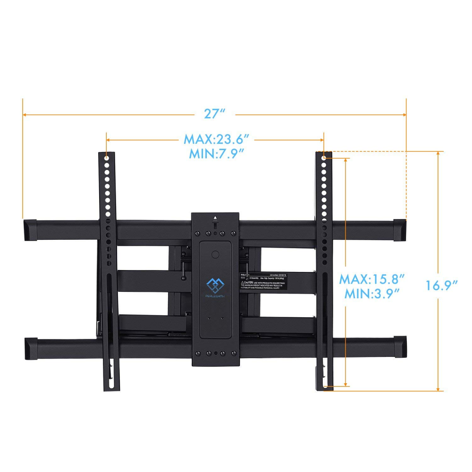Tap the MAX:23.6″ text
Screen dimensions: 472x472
click(x=217, y=140)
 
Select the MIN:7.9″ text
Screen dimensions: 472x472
click(x=217, y=153)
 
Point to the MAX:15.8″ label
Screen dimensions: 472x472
click(x=372, y=279)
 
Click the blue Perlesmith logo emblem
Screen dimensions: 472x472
click(x=215, y=285)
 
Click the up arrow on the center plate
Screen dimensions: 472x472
click(x=215, y=218)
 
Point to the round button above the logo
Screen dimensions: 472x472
click(x=215, y=254)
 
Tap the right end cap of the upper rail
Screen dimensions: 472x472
click(x=399, y=229)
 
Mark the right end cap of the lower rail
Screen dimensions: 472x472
click(x=399, y=347)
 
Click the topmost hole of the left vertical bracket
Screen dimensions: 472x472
click(x=107, y=158)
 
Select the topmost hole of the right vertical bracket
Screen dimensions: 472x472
click(x=324, y=158)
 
